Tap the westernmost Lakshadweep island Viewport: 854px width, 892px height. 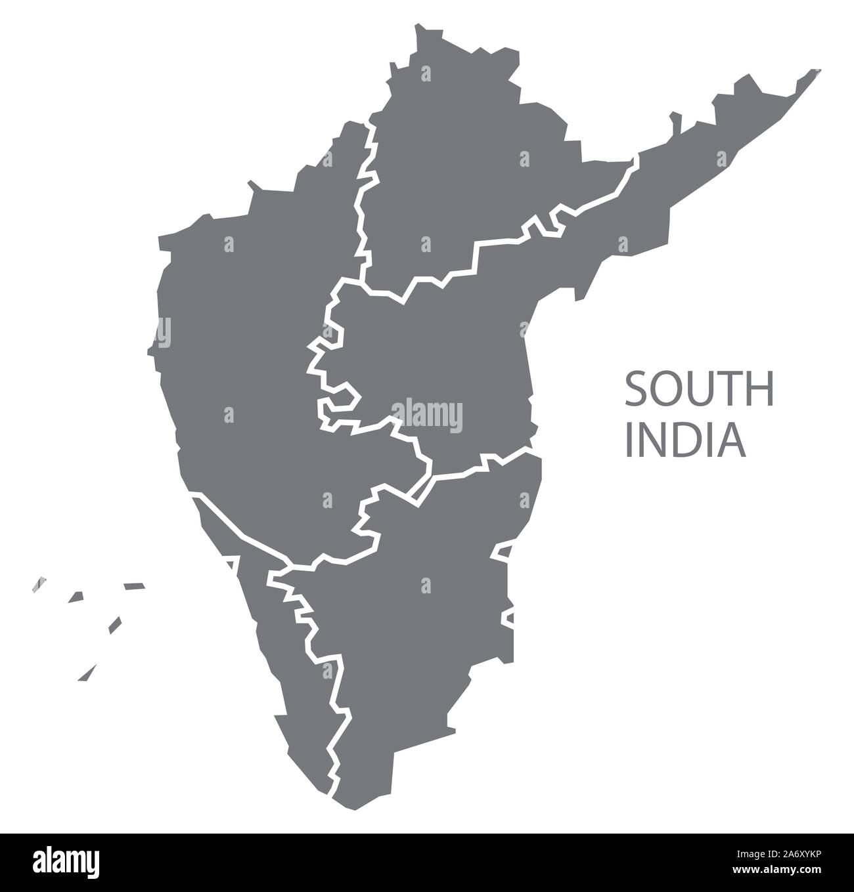click(x=40, y=585)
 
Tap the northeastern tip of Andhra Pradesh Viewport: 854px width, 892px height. click(x=819, y=70)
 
